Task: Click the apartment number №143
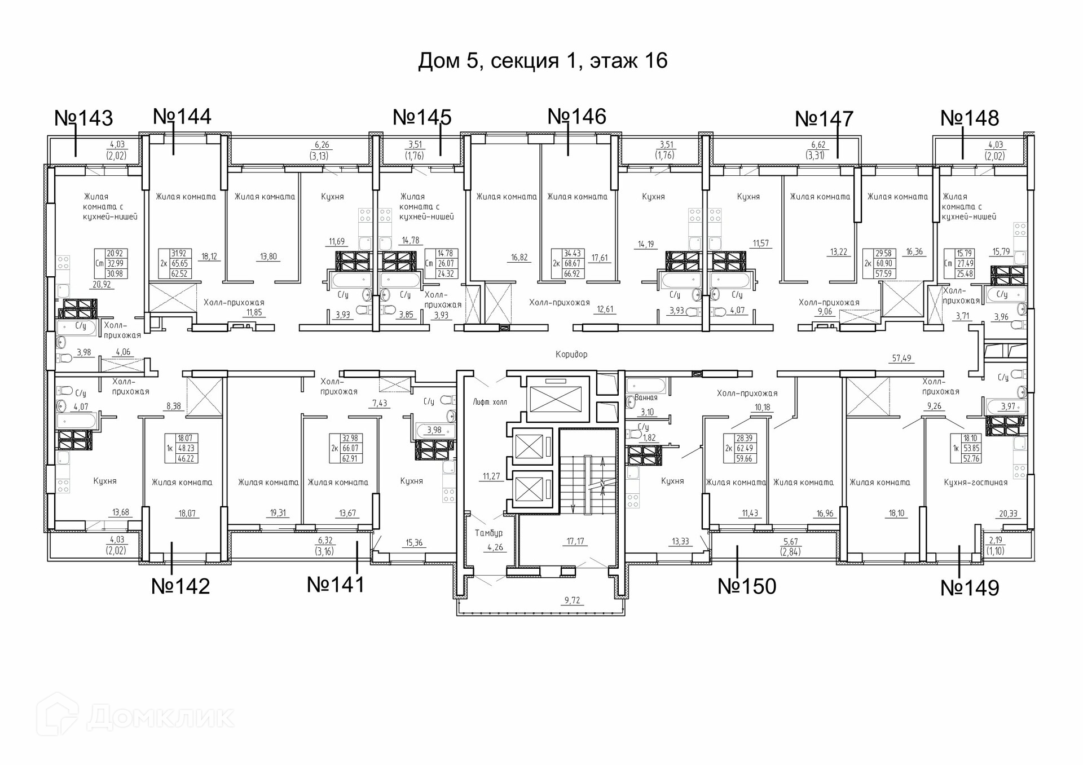pos(83,118)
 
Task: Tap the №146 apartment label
pos(577,117)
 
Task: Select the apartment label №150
pos(747,586)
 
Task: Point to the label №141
pos(336,585)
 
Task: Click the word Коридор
pos(571,354)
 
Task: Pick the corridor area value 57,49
pos(901,358)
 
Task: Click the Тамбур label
pos(488,533)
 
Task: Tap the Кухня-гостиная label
pos(975,483)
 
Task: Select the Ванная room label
pos(646,397)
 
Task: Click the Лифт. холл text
pos(490,402)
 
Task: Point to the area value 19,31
pos(278,513)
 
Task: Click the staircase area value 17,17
pos(575,541)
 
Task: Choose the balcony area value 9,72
pos(572,600)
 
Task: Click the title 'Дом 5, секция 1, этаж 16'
pos(543,60)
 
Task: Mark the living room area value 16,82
pos(519,258)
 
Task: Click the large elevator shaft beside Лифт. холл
pos(557,400)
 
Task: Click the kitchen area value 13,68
pos(121,512)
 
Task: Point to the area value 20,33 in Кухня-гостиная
pos(1008,514)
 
